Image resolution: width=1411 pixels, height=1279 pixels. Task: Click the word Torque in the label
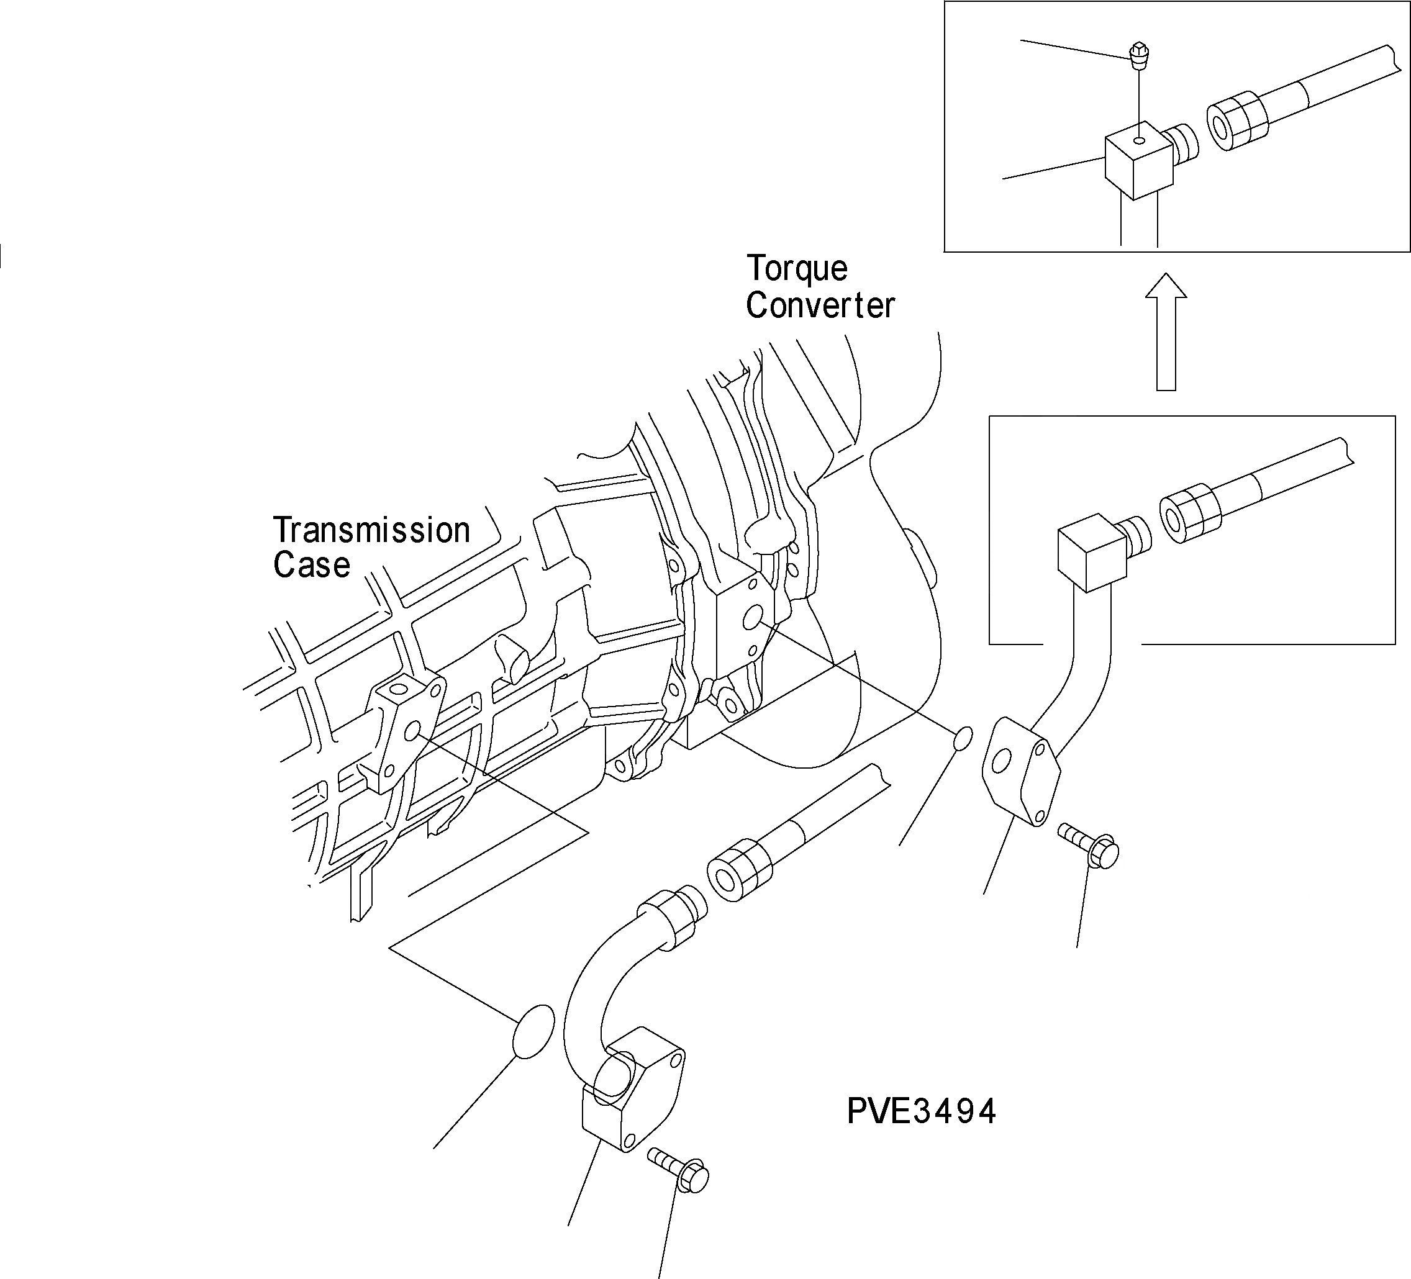pos(797,269)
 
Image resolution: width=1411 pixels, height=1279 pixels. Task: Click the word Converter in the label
pos(820,305)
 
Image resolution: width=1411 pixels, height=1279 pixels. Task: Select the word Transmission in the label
pos(371,530)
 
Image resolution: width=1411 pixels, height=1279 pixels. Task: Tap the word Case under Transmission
pos(312,566)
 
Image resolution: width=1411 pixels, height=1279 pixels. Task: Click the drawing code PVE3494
pos(921,1111)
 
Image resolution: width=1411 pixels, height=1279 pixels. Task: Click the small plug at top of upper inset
pos(1140,55)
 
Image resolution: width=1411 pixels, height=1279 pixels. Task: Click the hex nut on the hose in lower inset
pos(1190,513)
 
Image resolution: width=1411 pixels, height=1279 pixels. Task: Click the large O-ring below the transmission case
pos(533,1031)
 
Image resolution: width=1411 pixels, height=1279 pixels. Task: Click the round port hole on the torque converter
pos(753,618)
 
